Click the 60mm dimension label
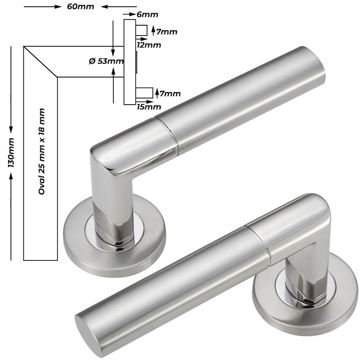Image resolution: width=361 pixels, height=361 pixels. (81, 6)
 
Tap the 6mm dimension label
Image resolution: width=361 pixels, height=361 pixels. (148, 14)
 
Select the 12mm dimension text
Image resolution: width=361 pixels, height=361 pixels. (149, 45)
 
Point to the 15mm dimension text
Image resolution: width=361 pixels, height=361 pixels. (149, 107)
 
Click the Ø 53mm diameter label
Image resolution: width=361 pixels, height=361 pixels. (106, 61)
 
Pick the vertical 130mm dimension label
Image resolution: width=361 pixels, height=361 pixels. (11, 153)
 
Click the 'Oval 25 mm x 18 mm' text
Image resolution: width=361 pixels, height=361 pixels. (42, 152)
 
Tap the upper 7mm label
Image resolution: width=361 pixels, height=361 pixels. (167, 32)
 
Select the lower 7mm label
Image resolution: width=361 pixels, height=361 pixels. (170, 94)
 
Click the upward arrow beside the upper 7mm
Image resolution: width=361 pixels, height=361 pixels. (153, 31)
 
